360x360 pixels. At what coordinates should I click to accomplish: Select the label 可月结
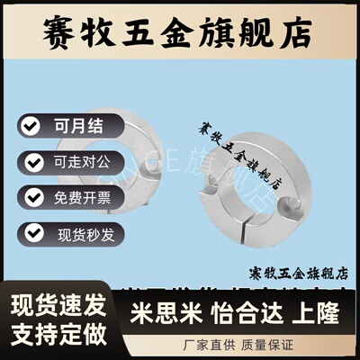click(x=75, y=123)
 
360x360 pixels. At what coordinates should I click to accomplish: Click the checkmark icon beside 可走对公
click(x=32, y=163)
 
